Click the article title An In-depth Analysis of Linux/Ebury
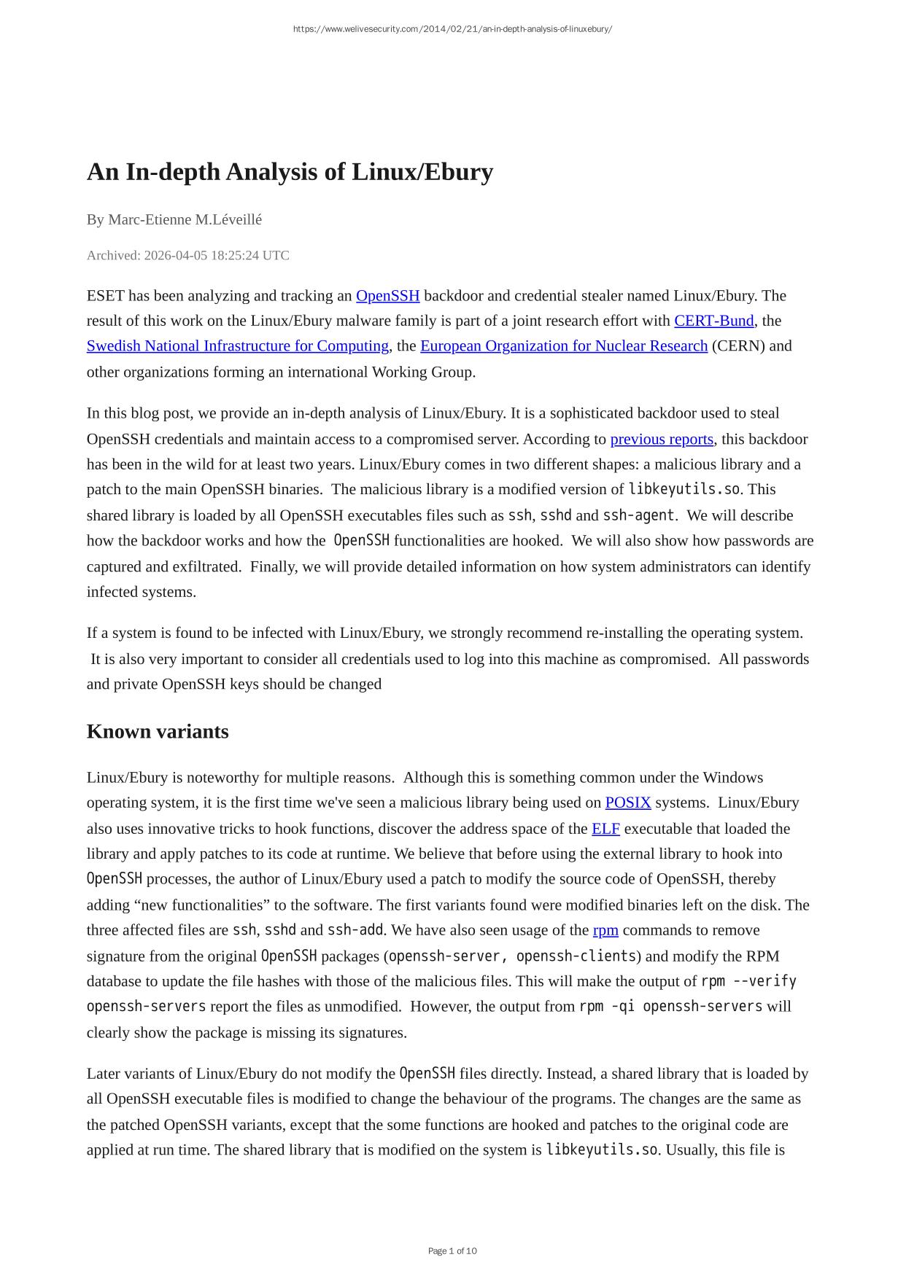[290, 172]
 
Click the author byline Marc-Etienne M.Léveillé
[174, 219]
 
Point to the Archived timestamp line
[187, 255]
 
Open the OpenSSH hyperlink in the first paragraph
[387, 296]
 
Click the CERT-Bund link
[713, 321]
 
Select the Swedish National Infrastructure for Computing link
[238, 346]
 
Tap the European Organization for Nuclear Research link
[564, 346]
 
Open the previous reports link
[662, 440]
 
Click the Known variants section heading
[158, 732]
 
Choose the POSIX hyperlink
[628, 803]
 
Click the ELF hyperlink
[605, 829]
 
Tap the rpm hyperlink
[605, 931]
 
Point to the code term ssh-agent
[638, 515]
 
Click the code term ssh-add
[355, 931]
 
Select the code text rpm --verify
[748, 981]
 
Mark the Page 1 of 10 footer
[452, 1252]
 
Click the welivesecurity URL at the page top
[452, 29]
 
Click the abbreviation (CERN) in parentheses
[738, 346]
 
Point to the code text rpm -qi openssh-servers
[670, 1007]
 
